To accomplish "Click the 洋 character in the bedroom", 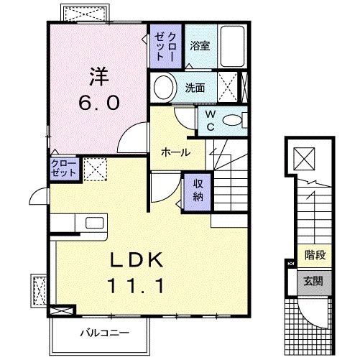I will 98,75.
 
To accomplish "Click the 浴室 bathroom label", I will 199,45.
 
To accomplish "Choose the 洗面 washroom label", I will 195,88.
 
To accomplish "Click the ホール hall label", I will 175,152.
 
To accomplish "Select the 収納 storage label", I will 198,189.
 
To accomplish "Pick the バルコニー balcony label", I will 105,333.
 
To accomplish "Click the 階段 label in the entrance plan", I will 313,255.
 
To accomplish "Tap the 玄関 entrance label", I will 313,281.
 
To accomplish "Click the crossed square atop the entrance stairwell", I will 305,156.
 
